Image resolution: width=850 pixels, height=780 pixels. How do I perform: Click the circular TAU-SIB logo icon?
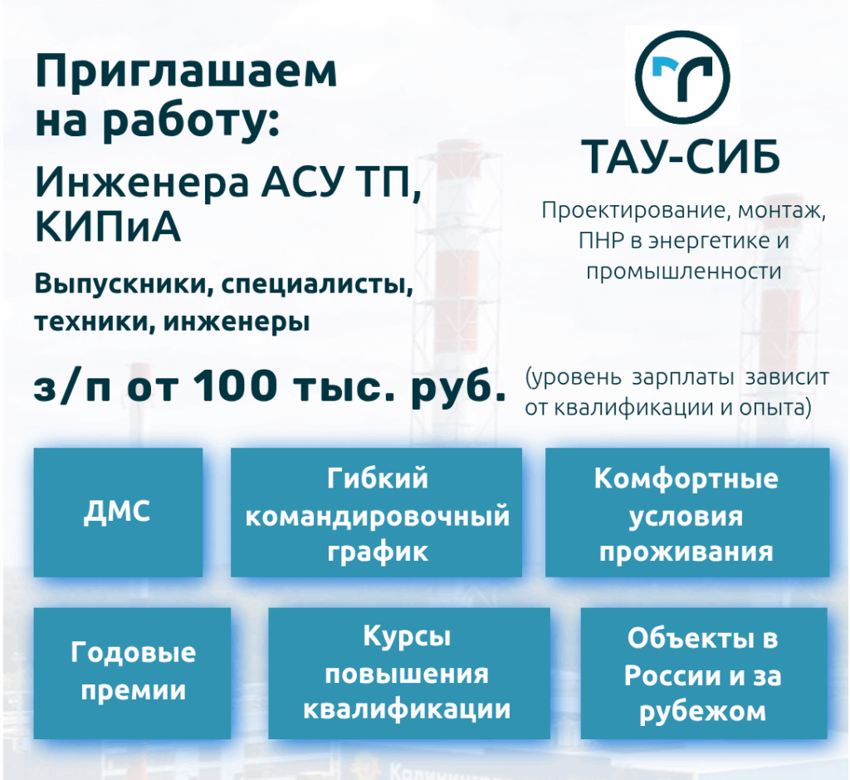[682, 76]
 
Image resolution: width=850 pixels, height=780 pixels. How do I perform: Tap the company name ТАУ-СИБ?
[681, 156]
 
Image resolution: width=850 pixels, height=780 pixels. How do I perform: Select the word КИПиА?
[107, 228]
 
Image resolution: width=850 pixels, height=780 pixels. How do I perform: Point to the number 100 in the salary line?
[235, 386]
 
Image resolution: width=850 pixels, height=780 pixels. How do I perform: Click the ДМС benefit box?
[118, 512]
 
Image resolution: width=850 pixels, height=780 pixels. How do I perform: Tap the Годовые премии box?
[132, 673]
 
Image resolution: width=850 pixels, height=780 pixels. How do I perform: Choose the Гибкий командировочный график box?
[377, 512]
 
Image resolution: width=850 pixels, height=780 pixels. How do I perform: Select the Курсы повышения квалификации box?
[409, 673]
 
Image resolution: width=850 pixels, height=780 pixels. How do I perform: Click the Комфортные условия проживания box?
[687, 512]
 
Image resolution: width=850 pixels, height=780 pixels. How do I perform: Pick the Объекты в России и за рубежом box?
[704, 673]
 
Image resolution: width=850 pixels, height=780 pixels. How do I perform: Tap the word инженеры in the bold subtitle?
[237, 322]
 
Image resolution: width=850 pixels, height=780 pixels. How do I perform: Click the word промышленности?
[684, 271]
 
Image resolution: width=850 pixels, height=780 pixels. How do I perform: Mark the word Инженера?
[142, 182]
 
